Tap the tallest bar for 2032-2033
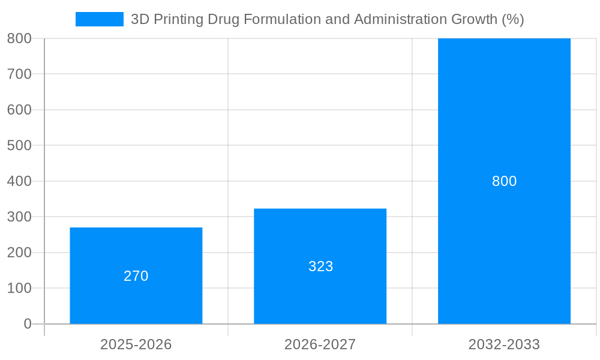point(504,120)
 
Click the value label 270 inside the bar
point(136,276)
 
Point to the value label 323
point(320,266)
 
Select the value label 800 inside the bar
point(504,181)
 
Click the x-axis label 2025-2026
point(136,344)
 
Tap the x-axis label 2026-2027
point(320,344)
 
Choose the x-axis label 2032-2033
point(504,344)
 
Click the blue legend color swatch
point(100,19)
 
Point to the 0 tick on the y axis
point(28,324)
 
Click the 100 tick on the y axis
point(19,288)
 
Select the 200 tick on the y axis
point(19,253)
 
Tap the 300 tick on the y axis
point(19,217)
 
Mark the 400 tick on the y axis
point(19,181)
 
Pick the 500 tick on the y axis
point(19,145)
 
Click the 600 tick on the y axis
point(19,110)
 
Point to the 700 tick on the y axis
point(19,74)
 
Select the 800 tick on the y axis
point(19,38)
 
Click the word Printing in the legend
point(178,19)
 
